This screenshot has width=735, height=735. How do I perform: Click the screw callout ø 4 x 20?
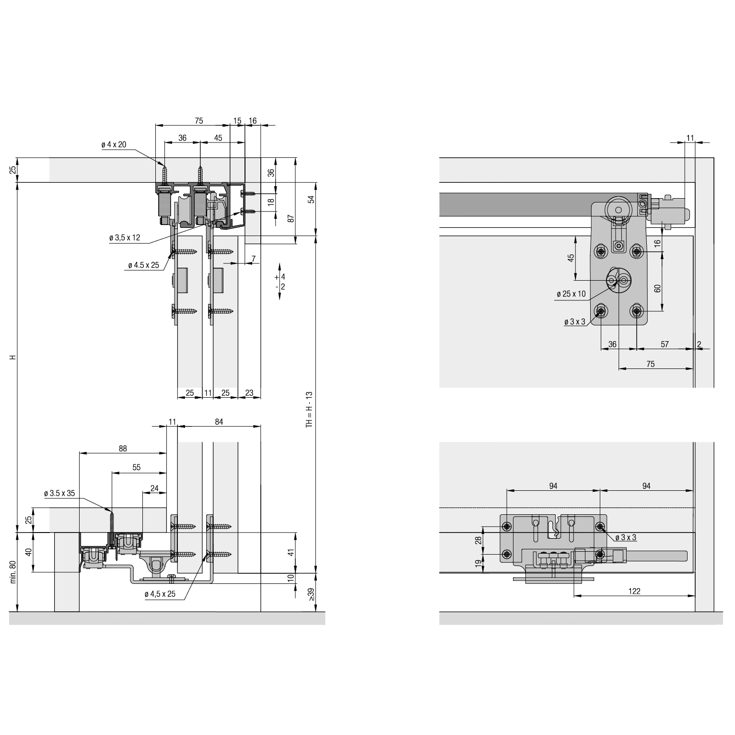[114, 145]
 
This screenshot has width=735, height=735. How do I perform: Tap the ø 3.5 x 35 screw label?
[59, 493]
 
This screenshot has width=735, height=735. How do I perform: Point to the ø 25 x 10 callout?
[571, 294]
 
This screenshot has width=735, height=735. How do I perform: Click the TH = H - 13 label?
[309, 409]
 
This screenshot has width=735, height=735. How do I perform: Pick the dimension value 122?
[634, 591]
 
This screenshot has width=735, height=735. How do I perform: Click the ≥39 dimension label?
[312, 596]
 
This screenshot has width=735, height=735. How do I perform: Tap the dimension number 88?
[123, 449]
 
